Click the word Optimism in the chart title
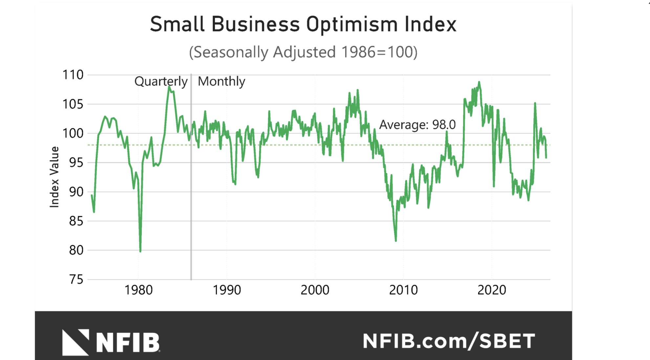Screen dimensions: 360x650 pyautogui.click(x=352, y=24)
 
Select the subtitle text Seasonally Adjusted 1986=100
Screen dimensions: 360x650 pyautogui.click(x=303, y=52)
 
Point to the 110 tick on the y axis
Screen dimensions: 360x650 pyautogui.click(x=73, y=75)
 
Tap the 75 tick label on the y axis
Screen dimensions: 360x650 pyautogui.click(x=76, y=280)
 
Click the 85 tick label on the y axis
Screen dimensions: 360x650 pyautogui.click(x=76, y=221)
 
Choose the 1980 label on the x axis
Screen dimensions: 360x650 pyautogui.click(x=138, y=290)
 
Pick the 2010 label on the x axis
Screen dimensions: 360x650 pyautogui.click(x=403, y=290)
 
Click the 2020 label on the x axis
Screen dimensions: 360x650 pyautogui.click(x=491, y=290)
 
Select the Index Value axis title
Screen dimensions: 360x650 pyautogui.click(x=54, y=177)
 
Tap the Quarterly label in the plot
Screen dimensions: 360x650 pyautogui.click(x=161, y=81)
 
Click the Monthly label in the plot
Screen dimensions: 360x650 pyautogui.click(x=221, y=81)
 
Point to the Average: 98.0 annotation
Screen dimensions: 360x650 pyautogui.click(x=417, y=125)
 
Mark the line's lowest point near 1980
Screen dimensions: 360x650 pyautogui.click(x=141, y=251)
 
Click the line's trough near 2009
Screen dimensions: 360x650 pyautogui.click(x=396, y=241)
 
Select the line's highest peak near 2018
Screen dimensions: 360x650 pyautogui.click(x=479, y=82)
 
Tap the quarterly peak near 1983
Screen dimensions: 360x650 pyautogui.click(x=169, y=87)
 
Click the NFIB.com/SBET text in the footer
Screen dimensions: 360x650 pyautogui.click(x=448, y=341)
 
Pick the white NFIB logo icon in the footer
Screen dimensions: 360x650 pyautogui.click(x=76, y=342)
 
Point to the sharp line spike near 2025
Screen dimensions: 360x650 pyautogui.click(x=535, y=103)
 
